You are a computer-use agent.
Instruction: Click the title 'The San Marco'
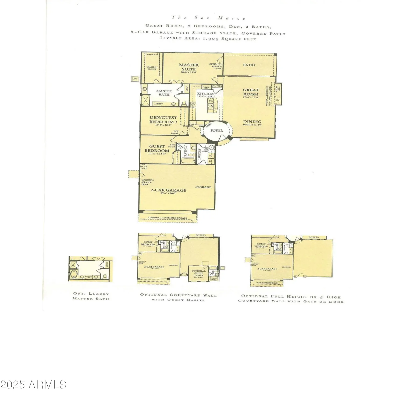209,18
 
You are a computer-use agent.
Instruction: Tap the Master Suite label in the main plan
189,67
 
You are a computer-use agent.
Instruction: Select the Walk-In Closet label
152,68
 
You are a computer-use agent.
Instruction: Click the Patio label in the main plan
249,65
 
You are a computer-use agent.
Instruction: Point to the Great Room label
251,92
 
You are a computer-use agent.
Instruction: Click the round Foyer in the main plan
216,131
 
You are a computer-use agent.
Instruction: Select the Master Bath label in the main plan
164,93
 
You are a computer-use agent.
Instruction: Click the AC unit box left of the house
135,79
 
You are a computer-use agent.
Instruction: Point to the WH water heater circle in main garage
143,167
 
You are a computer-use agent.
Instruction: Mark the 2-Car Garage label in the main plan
168,190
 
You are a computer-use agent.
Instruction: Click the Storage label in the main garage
203,187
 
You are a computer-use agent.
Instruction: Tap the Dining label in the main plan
252,122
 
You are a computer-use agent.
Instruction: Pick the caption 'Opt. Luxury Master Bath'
91,296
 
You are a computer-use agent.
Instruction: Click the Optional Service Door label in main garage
148,182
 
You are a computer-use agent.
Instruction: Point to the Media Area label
277,89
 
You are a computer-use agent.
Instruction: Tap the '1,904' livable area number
209,38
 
